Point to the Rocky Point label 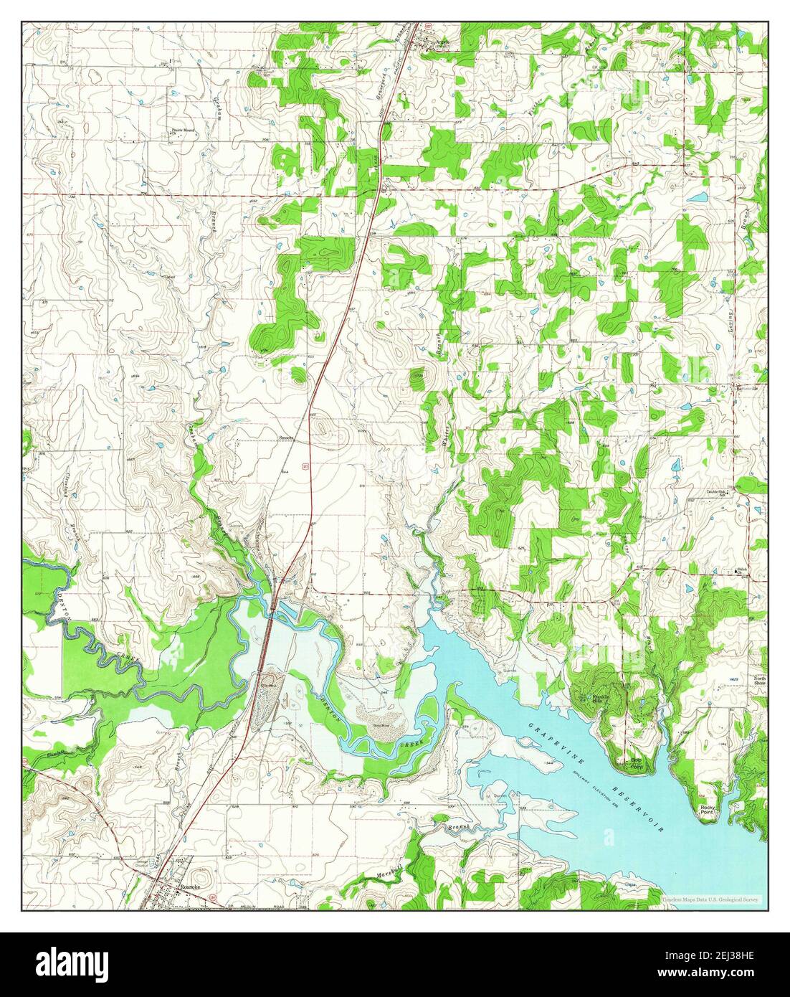708,810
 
